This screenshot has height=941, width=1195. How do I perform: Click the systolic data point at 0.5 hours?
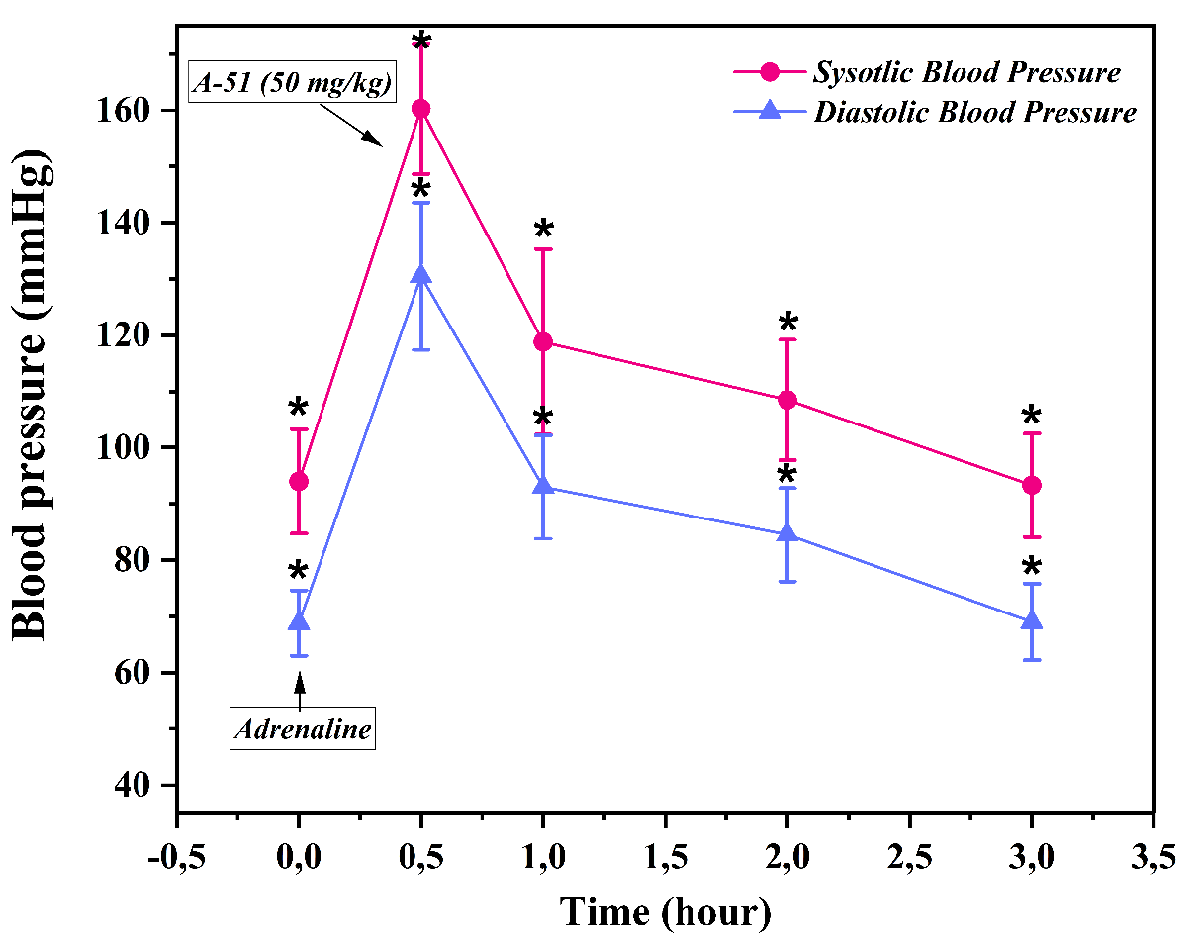pyautogui.click(x=421, y=109)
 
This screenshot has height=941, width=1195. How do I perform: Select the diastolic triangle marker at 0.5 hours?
pyautogui.click(x=421, y=275)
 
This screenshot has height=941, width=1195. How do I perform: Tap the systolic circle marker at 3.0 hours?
pyautogui.click(x=1032, y=485)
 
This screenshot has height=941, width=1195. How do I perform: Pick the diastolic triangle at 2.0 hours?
pyautogui.click(x=787, y=534)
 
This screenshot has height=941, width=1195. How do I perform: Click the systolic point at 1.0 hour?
pyautogui.click(x=543, y=342)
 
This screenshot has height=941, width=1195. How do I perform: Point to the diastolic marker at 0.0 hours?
pyautogui.click(x=299, y=622)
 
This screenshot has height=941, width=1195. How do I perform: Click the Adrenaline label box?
pyautogui.click(x=304, y=730)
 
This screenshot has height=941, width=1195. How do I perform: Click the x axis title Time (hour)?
pyautogui.click(x=665, y=910)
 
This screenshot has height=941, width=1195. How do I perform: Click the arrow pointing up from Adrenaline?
pyautogui.click(x=299, y=688)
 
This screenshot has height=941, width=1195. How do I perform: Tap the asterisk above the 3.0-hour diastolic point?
pyautogui.click(x=1032, y=567)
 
